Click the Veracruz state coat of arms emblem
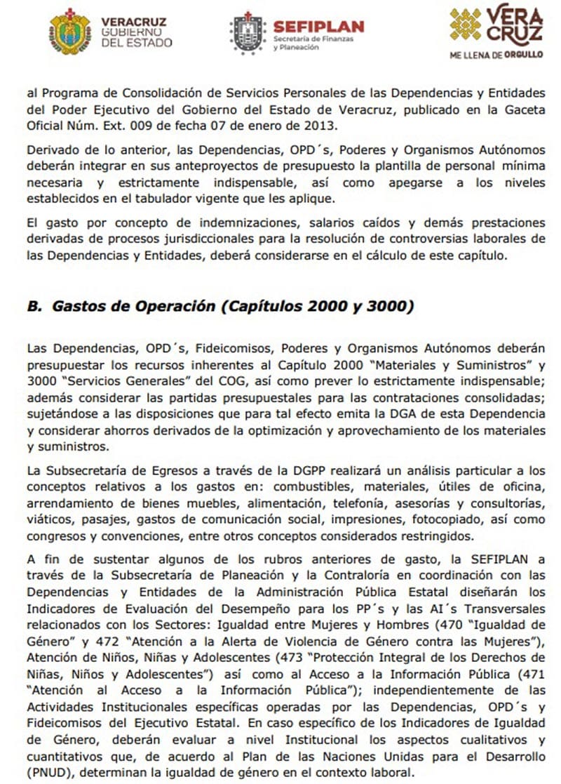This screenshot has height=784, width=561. click(x=70, y=32)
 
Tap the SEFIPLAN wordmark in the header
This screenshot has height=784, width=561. click(x=318, y=27)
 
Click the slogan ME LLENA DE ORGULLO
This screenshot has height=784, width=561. click(x=496, y=54)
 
